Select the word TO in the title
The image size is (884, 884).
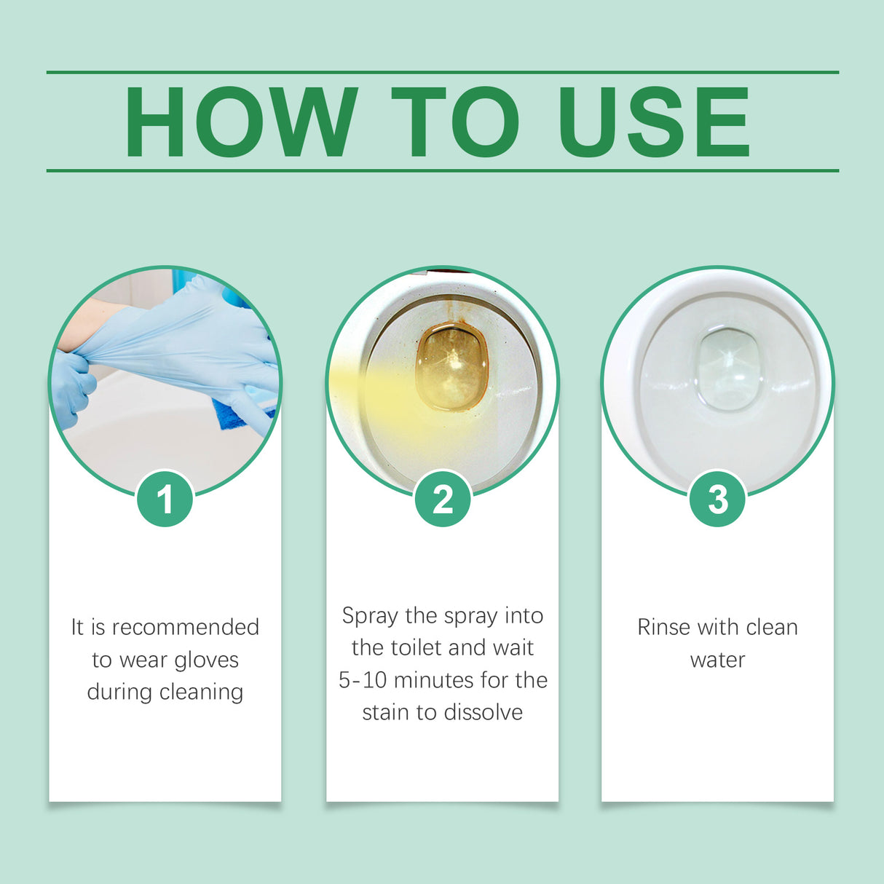tap(455, 122)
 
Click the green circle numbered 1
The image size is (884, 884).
tap(165, 499)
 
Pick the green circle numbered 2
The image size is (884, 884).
tap(442, 499)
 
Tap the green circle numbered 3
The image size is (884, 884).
tap(717, 499)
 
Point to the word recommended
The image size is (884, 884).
tap(185, 627)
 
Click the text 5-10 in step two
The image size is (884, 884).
tap(362, 680)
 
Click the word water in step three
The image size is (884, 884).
tap(717, 660)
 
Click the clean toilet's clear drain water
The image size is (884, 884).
tap(728, 368)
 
